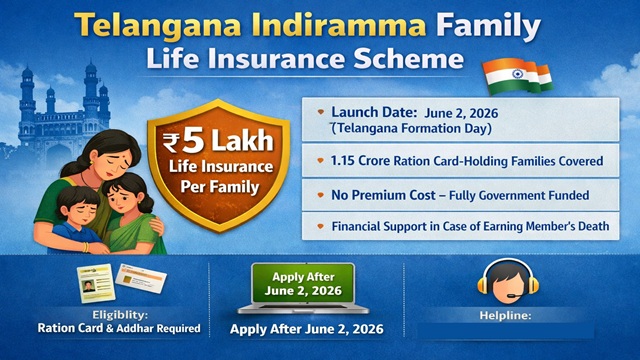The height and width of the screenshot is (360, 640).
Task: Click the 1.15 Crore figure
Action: click(368, 159)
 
